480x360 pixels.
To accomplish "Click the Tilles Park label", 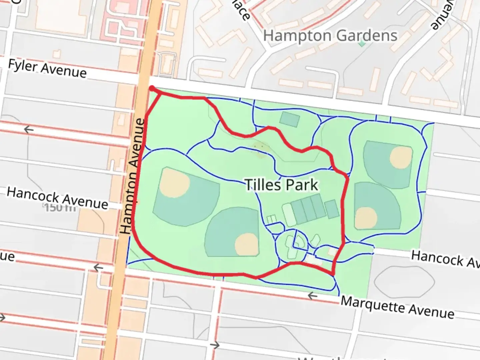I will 282,185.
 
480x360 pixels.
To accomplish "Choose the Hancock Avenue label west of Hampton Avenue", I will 57,198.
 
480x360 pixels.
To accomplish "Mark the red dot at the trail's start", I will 152,88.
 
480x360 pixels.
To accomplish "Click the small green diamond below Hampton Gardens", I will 362,44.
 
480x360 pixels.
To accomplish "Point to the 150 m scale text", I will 60,208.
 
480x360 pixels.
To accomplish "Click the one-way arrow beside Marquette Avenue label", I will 312,295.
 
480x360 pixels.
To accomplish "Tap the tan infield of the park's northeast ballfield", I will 401,157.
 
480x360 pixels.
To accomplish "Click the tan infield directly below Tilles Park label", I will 247,244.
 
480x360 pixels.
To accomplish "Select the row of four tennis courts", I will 308,209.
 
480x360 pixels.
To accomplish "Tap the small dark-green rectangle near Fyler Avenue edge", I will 289,119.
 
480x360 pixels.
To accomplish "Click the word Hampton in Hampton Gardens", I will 297,36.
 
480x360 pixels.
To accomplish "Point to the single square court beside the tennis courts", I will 332,209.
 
